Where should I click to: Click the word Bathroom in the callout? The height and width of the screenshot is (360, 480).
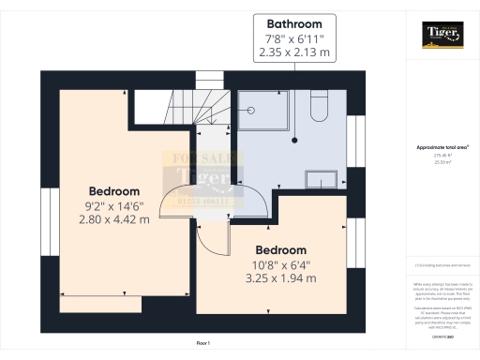pyautogui.click(x=294, y=23)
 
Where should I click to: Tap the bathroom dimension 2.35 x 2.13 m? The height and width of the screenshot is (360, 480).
pyautogui.click(x=294, y=53)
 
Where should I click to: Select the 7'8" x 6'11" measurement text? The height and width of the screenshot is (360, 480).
pyautogui.click(x=294, y=38)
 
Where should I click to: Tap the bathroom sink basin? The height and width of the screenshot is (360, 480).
pyautogui.click(x=323, y=177)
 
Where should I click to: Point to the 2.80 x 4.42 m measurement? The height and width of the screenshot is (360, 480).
pyautogui.click(x=113, y=219)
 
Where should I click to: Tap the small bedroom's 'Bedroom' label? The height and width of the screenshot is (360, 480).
pyautogui.click(x=281, y=250)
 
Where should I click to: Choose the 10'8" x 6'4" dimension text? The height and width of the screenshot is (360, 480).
pyautogui.click(x=281, y=265)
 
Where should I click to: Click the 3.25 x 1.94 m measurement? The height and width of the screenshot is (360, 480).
pyautogui.click(x=281, y=279)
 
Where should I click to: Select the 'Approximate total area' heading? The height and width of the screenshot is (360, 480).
pyautogui.click(x=442, y=147)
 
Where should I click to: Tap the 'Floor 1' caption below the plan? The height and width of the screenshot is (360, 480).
pyautogui.click(x=202, y=344)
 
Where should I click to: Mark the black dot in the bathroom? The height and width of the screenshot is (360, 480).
pyautogui.click(x=294, y=140)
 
